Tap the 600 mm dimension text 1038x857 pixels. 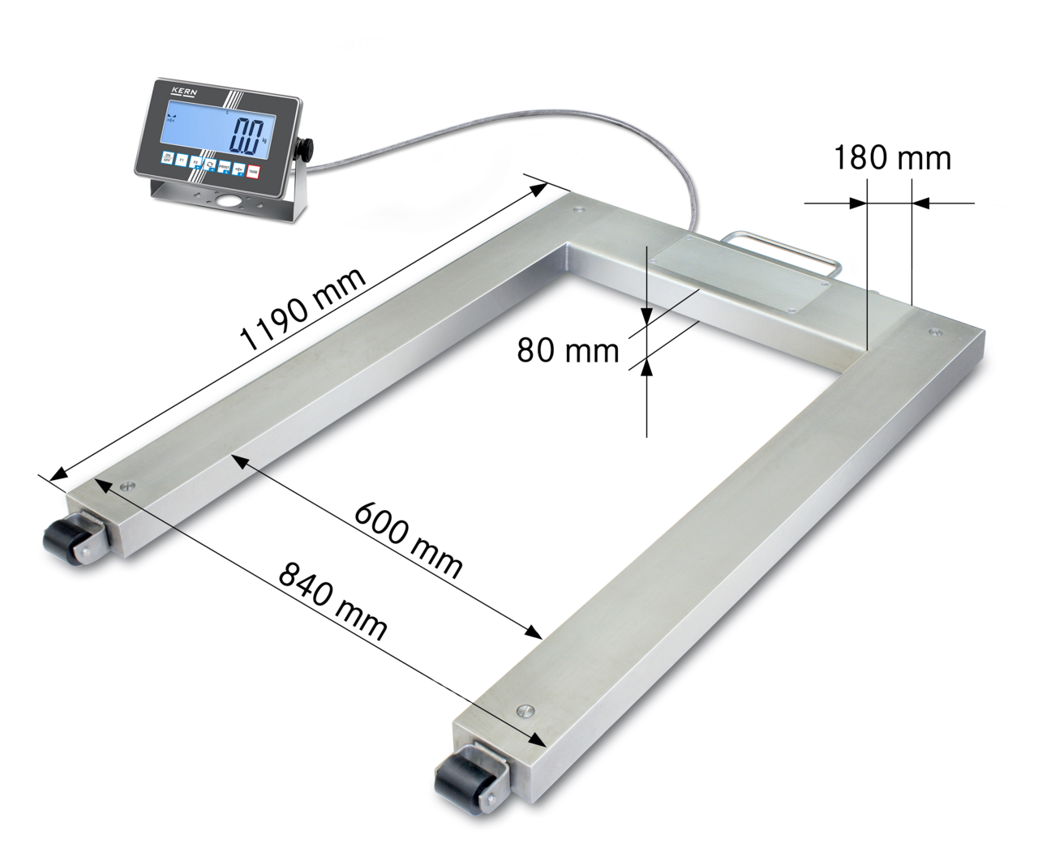tap(409, 538)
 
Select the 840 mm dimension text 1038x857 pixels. tap(332, 600)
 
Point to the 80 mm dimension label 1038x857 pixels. tap(568, 350)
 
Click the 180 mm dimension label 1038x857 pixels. tap(892, 157)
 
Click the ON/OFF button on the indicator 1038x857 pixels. tap(168, 158)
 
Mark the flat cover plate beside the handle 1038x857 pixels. tap(734, 272)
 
